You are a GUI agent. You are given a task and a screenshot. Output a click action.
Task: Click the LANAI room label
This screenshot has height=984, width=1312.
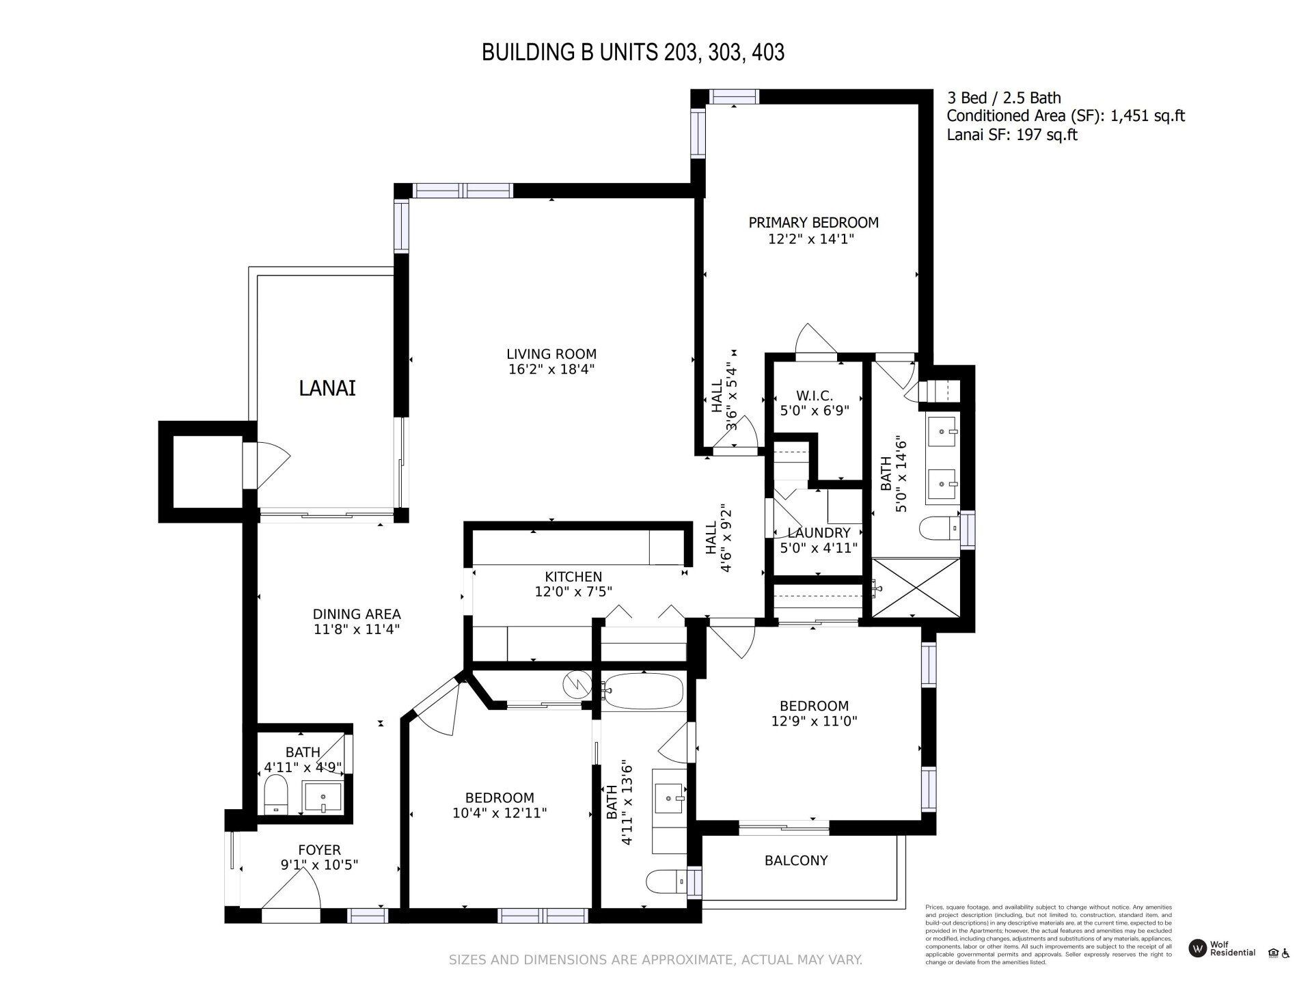(327, 388)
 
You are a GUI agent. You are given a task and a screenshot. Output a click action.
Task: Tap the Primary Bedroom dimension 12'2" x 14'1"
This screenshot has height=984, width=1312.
(812, 239)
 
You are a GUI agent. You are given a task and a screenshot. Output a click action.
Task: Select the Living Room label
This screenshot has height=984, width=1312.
(551, 354)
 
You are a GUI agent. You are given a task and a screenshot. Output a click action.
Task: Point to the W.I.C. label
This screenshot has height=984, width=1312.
(815, 396)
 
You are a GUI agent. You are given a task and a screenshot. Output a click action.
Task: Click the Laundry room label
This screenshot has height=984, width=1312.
(819, 533)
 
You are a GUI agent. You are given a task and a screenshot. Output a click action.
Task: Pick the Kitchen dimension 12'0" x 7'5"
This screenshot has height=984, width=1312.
(573, 592)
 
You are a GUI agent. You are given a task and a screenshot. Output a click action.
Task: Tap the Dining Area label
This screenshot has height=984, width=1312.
(357, 614)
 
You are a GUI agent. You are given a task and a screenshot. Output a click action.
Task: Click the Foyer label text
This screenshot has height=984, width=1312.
(319, 850)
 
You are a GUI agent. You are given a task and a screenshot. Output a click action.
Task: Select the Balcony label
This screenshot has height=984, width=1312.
(796, 860)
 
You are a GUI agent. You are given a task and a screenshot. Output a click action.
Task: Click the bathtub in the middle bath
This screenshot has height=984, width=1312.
(643, 692)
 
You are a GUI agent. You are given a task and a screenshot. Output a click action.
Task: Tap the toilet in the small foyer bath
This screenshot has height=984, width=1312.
(277, 794)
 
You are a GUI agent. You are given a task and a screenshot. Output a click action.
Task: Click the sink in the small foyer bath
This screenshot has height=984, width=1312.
(323, 797)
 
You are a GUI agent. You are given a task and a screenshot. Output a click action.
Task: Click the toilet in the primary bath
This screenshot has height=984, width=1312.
(938, 528)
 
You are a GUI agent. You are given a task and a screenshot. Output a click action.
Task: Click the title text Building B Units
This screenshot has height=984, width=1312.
(633, 53)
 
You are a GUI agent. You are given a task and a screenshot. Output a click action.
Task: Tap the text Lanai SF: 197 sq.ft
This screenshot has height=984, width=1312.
(1011, 135)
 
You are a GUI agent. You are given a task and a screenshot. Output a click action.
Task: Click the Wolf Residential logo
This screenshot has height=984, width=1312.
(1197, 948)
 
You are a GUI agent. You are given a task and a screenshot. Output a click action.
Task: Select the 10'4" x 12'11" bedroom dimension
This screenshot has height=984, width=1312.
(500, 813)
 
